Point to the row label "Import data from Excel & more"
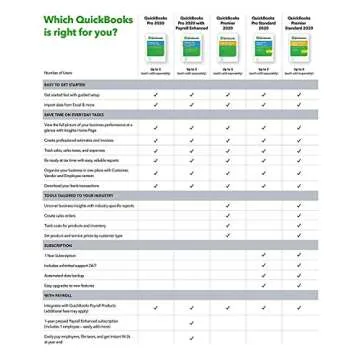tap(70, 104)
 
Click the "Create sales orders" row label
tap(61, 215)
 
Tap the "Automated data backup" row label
tap(66, 275)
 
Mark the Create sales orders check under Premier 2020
tap(227, 215)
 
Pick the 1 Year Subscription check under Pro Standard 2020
tap(263, 255)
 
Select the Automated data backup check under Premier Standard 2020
tap(299, 275)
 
